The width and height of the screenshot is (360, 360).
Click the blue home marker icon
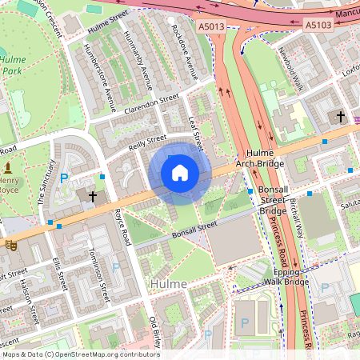180,173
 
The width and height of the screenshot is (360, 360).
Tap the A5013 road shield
211,26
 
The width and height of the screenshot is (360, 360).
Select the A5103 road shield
318,26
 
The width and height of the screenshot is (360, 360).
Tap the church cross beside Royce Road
93,194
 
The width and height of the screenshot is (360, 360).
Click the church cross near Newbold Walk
340,117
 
